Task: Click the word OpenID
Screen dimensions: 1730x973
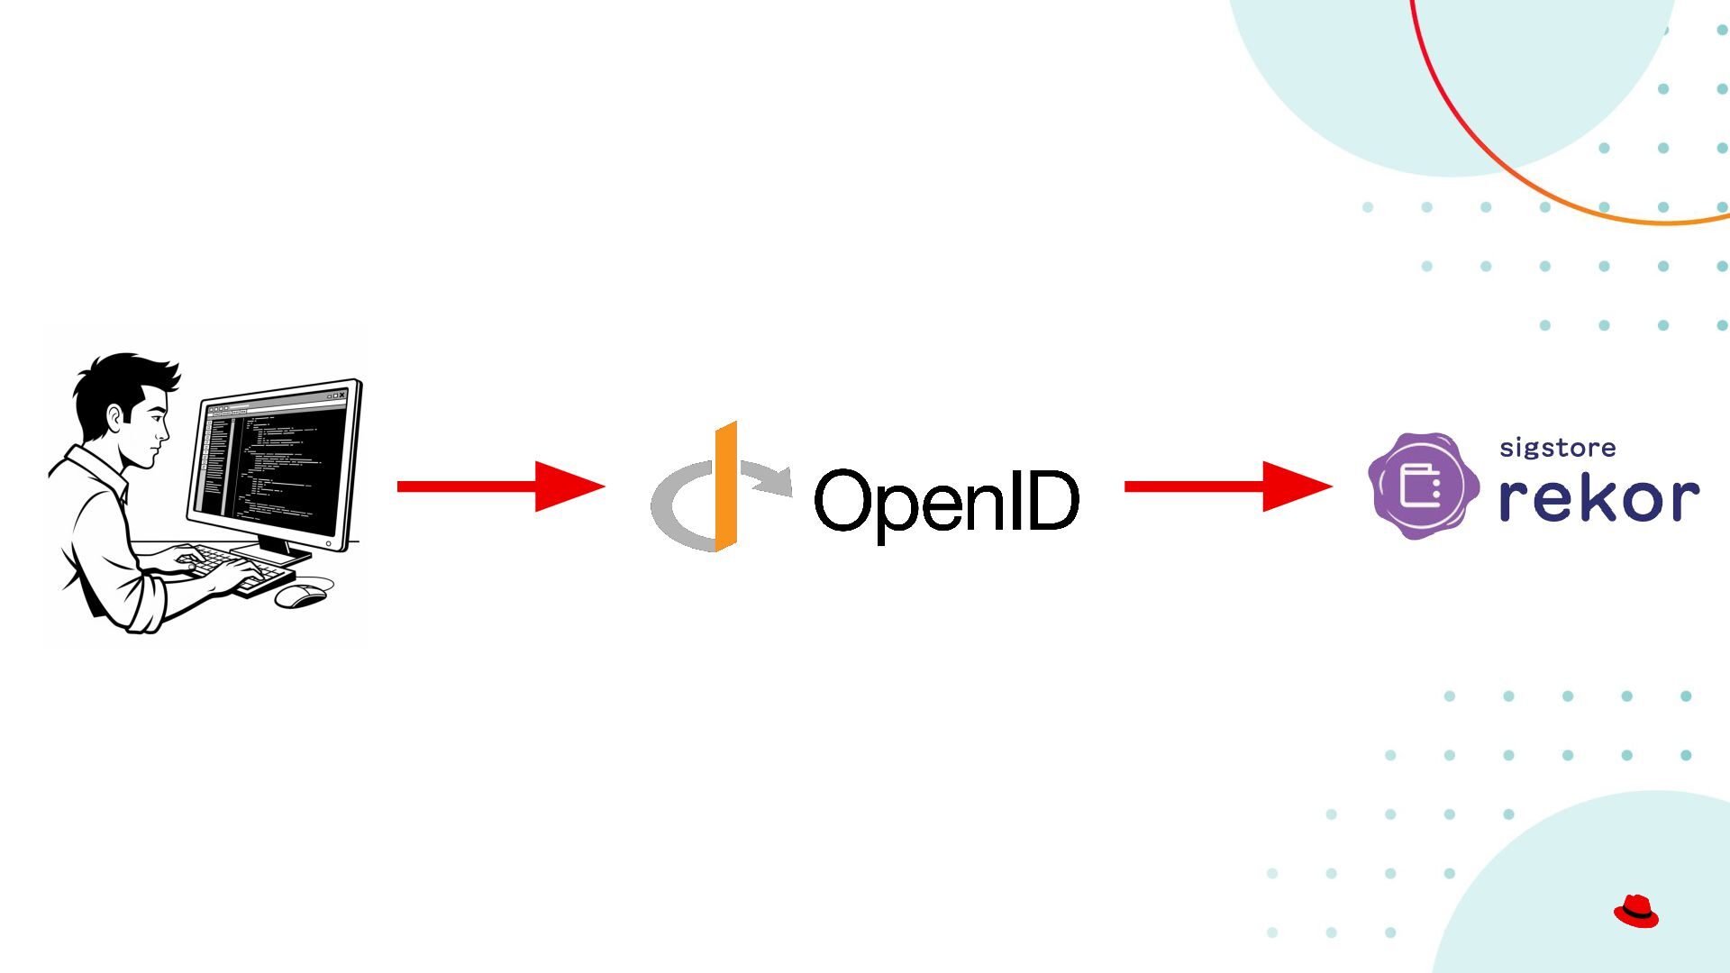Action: [x=946, y=501]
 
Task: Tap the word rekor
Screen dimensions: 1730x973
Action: [x=1598, y=497]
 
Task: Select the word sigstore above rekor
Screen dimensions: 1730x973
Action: [x=1557, y=448]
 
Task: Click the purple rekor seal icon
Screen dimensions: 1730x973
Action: [x=1423, y=486]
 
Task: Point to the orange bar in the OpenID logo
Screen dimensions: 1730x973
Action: [x=725, y=486]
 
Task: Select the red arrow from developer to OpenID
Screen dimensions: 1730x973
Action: [x=500, y=486]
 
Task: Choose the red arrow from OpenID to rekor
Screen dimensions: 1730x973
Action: [x=1227, y=486]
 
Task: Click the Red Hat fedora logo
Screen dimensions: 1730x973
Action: [x=1635, y=911]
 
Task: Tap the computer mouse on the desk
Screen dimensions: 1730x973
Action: [x=301, y=596]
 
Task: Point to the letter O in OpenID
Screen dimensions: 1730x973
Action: [x=842, y=500]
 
